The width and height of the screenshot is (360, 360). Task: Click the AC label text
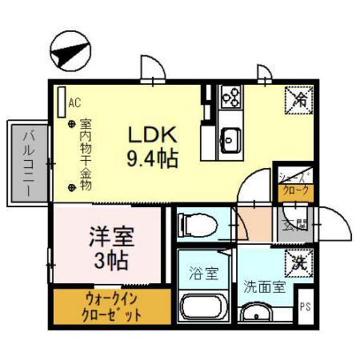[74, 102]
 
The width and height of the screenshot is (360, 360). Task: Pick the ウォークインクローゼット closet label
[112, 308]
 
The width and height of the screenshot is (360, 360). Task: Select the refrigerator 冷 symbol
[300, 98]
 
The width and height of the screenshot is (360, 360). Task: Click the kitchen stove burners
[230, 96]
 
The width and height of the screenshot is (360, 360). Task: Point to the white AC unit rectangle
[61, 101]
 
